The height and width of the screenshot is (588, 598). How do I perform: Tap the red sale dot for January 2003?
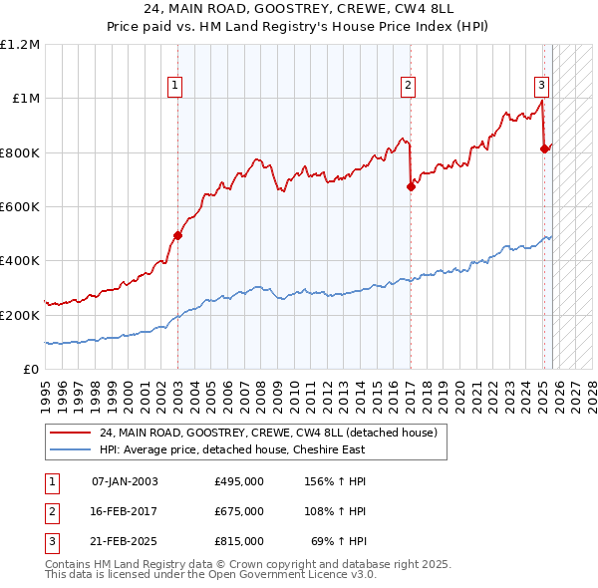(x=177, y=236)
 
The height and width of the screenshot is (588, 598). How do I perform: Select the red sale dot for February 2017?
(x=411, y=186)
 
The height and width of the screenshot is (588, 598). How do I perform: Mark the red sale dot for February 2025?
(x=544, y=149)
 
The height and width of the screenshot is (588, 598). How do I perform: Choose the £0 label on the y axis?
(x=30, y=369)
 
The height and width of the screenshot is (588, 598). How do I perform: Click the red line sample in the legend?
(x=70, y=433)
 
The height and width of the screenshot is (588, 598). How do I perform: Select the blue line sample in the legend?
(x=70, y=449)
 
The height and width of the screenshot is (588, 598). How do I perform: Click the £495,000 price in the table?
(x=238, y=481)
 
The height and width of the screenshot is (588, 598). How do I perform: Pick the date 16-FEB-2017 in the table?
(x=125, y=511)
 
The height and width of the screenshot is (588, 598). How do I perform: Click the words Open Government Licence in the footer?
(x=274, y=574)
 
